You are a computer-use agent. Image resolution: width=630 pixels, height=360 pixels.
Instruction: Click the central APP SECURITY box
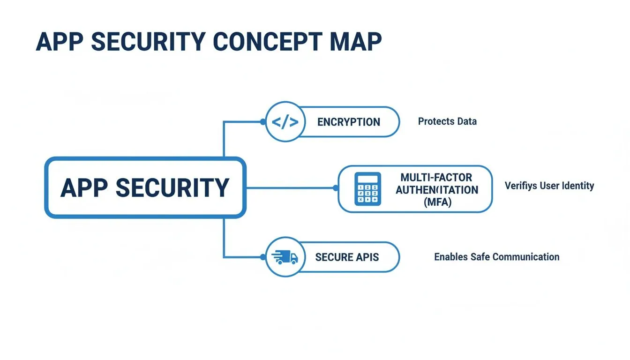pos(145,188)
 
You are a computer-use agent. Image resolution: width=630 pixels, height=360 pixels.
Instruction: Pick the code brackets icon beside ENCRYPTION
pos(285,122)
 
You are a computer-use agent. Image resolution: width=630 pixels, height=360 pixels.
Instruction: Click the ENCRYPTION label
pos(348,122)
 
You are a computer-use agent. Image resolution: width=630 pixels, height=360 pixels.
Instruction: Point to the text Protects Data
pos(447,121)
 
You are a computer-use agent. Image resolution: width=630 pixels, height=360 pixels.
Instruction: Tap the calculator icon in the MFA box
pos(368,188)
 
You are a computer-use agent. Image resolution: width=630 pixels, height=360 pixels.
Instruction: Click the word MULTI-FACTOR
pos(436,178)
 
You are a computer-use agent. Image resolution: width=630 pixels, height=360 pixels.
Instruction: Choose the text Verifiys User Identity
pos(549,186)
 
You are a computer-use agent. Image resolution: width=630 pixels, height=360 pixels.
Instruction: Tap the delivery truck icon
pos(285,257)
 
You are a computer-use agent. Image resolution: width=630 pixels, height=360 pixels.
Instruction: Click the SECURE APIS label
pos(347,257)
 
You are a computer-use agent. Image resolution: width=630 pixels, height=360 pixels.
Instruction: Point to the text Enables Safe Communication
pos(496,257)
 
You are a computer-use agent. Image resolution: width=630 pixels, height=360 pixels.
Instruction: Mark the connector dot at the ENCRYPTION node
pos(262,122)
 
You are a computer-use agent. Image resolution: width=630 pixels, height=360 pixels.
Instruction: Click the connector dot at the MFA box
pos(335,188)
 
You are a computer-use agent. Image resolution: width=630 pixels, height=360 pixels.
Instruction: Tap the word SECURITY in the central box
pos(172,188)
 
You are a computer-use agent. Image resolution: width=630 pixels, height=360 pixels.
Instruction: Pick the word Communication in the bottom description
pos(526,257)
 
